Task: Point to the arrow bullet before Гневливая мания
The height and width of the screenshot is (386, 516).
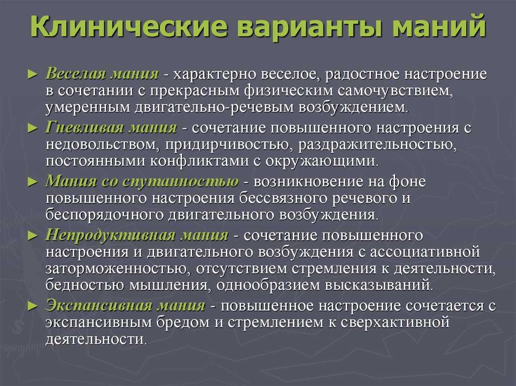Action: click(x=33, y=128)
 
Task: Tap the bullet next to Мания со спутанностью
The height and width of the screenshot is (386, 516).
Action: click(x=33, y=182)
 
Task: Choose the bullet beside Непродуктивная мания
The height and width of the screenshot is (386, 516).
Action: click(x=33, y=236)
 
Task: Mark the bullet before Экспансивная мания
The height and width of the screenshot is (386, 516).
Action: click(x=33, y=306)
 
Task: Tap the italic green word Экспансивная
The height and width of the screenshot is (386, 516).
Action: click(x=98, y=306)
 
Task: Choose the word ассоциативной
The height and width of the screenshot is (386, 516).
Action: click(x=425, y=252)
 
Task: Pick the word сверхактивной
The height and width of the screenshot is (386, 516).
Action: click(x=395, y=323)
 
